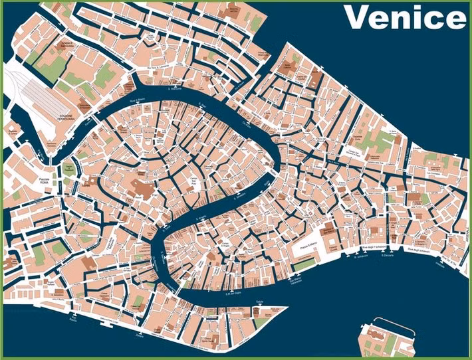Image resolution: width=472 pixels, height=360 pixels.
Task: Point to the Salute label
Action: tap(252, 302)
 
